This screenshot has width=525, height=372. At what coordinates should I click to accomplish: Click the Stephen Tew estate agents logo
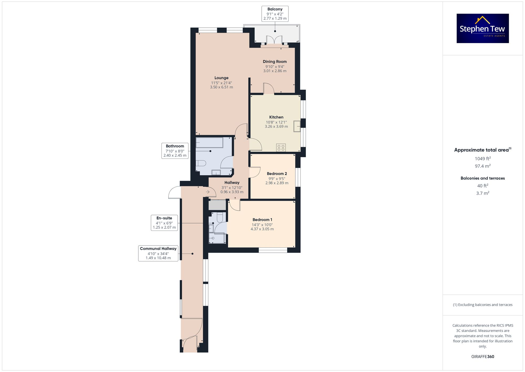tap(482, 28)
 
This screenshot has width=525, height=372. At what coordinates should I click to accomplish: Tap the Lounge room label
tap(221, 78)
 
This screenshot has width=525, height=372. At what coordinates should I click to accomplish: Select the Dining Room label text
tap(275, 62)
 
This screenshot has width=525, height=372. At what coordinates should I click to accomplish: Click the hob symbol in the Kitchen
tap(281, 147)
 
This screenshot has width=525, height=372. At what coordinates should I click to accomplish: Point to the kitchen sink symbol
tap(297, 126)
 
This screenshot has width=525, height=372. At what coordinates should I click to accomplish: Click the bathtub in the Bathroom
tap(209, 143)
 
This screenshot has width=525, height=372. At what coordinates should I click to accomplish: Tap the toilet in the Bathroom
tap(201, 163)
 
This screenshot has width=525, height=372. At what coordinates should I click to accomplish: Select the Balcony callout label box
tap(275, 14)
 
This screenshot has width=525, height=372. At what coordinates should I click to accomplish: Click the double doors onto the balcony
tap(274, 40)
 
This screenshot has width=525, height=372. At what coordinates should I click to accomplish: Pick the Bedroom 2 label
tap(277, 174)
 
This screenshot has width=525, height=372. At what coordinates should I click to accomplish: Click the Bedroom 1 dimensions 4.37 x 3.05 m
tap(262, 229)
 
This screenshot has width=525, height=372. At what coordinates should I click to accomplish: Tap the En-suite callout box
tap(164, 223)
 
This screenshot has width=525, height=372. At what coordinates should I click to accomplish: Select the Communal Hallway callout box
tap(158, 253)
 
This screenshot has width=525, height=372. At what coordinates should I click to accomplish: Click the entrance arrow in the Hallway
tap(208, 192)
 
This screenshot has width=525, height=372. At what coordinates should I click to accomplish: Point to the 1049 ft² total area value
tap(482, 159)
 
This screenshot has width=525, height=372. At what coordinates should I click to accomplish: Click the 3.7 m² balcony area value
tap(482, 193)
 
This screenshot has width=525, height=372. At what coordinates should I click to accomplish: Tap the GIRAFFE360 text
tap(482, 356)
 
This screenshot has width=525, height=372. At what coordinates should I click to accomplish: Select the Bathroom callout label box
tap(175, 151)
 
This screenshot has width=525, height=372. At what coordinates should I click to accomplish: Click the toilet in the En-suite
tap(220, 217)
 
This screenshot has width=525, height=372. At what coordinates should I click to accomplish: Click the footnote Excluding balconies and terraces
tap(482, 305)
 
